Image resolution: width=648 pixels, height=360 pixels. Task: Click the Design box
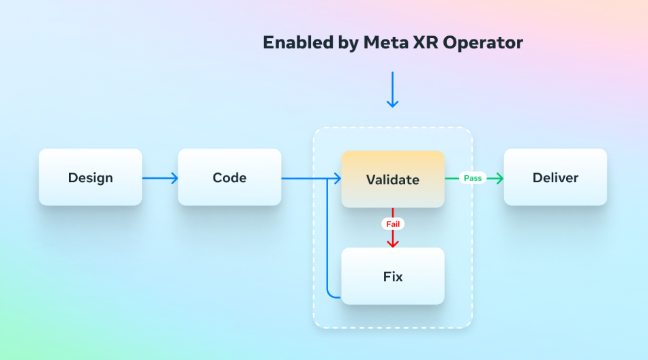91,177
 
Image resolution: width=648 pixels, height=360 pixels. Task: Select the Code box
230,177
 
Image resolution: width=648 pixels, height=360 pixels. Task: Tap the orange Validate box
393,179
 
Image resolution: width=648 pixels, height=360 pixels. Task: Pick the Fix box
393,276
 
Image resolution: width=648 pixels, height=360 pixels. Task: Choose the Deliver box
555,177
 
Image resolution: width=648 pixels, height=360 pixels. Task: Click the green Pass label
473,178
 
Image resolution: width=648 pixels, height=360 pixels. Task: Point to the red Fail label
393,224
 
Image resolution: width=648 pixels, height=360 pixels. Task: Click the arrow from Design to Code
160,178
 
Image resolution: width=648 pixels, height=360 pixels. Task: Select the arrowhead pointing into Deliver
499,178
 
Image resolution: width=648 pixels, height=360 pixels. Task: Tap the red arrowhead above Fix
393,243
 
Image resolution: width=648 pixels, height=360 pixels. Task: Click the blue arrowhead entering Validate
337,179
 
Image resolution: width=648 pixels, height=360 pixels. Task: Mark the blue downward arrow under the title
393,90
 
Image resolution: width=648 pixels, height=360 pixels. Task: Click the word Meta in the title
400,42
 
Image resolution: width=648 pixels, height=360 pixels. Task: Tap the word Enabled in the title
298,42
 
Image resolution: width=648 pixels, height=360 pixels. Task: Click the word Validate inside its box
393,180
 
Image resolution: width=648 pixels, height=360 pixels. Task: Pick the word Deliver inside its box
555,178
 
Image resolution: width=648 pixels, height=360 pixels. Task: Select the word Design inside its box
91,178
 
